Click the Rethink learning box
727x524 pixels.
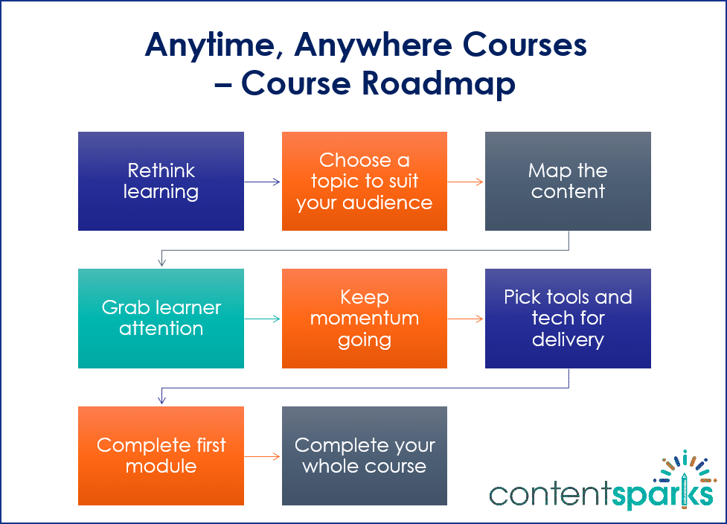point(161,181)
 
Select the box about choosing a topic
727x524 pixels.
point(364,181)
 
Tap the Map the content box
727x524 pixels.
point(568,181)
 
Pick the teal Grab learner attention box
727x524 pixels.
point(161,318)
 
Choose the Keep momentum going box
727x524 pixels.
point(364,318)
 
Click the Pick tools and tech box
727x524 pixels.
point(568,318)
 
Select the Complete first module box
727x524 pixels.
point(161,456)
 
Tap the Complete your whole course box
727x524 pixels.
point(364,456)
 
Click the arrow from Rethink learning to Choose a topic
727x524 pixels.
point(263,181)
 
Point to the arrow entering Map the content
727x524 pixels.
point(466,181)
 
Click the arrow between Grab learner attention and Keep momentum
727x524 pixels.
point(263,319)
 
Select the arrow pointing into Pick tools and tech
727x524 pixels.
point(466,319)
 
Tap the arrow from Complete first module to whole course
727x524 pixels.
point(263,456)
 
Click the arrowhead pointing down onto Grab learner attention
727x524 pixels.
point(161,263)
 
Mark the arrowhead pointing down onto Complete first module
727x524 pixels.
point(161,400)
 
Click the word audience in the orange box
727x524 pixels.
point(396,202)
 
